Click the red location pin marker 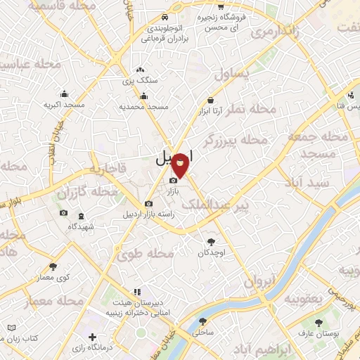tap(181, 165)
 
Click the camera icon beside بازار tap(173, 181)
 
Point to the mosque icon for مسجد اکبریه tap(65, 95)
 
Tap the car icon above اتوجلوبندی tap(164, 16)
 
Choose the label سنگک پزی tap(141, 81)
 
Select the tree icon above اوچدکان tap(209, 242)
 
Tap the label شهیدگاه tap(82, 226)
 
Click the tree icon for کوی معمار tap(53, 266)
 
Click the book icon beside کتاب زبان tap(11, 328)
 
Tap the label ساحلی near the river tap(205, 331)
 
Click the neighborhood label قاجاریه tap(106, 169)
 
